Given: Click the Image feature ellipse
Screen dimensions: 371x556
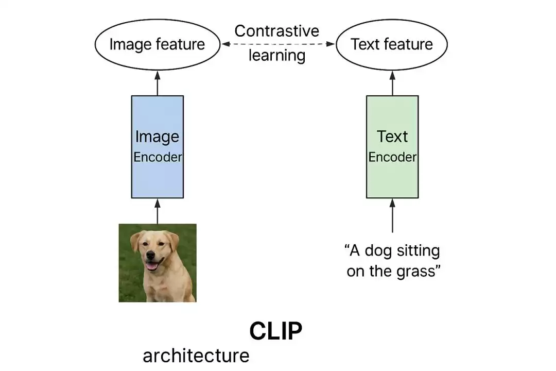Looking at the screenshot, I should [157, 44].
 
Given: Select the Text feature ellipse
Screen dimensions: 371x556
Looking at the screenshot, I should [392, 44].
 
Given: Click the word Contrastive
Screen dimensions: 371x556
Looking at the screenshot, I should [277, 31].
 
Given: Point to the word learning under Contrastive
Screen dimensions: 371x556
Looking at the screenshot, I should [277, 55].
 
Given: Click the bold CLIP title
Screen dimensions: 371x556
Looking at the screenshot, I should [276, 331].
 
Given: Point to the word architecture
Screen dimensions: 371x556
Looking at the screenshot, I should [196, 356].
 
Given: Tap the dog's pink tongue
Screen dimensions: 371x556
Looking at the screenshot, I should [152, 266].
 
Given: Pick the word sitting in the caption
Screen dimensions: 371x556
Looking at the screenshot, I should [417, 251].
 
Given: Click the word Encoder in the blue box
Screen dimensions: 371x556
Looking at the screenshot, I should [158, 157].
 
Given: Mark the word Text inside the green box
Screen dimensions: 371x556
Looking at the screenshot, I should [392, 137].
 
